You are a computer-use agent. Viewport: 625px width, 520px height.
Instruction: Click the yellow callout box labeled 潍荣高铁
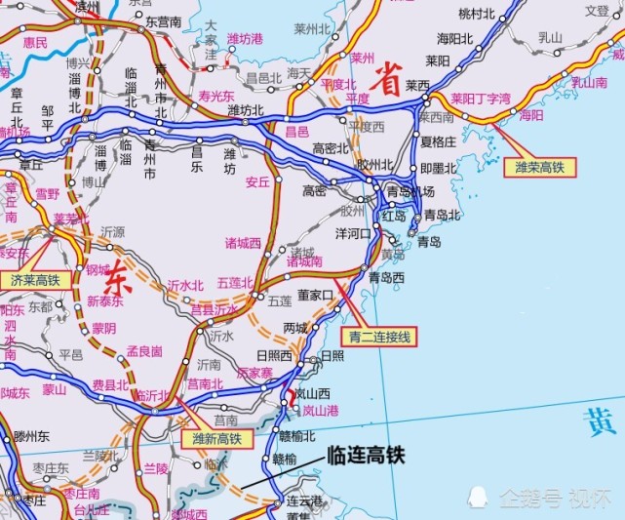click(539, 167)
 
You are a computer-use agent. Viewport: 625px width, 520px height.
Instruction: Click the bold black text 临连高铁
click(365, 455)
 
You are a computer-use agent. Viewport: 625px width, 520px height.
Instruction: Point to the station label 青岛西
click(386, 277)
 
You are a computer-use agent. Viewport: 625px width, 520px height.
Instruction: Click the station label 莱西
click(417, 86)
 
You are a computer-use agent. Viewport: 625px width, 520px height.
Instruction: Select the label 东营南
click(163, 20)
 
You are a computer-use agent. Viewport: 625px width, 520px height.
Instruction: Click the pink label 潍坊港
click(246, 39)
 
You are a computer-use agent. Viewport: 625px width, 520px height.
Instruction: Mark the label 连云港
click(303, 500)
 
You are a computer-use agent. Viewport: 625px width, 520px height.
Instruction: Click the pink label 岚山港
click(319, 411)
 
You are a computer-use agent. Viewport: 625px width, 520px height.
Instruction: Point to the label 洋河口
click(353, 234)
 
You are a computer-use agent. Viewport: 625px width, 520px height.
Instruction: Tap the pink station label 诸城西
click(244, 242)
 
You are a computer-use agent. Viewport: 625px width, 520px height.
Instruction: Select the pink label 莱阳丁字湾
click(481, 99)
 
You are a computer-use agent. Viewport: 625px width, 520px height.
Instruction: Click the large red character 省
click(389, 84)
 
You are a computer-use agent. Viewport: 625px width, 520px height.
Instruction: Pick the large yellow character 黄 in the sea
click(598, 422)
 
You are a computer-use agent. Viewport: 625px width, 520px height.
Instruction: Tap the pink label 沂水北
click(185, 285)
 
